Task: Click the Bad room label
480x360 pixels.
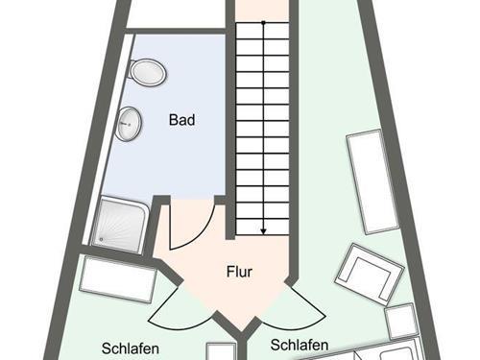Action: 182,120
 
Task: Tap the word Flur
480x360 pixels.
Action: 239,272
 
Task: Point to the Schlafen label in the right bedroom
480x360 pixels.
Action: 300,345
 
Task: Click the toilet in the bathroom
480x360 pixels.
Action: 148,72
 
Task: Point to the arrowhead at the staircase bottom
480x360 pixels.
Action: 262,230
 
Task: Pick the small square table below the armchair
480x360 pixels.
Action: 400,321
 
